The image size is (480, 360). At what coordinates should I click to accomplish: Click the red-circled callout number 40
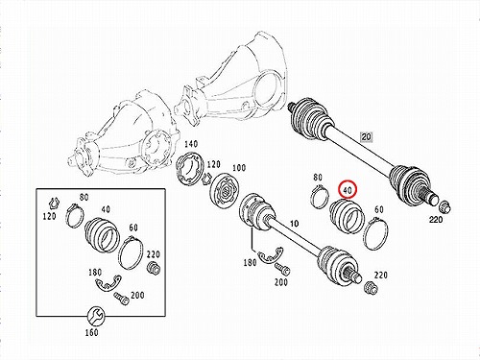tap(348, 190)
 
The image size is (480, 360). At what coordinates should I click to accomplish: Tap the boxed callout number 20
tap(366, 137)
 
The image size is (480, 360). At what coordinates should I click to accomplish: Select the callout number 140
tap(191, 144)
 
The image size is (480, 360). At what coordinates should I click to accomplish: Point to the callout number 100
tap(239, 168)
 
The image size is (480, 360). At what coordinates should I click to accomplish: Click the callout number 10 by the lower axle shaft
tap(294, 224)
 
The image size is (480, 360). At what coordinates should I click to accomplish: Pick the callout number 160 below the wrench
tap(91, 332)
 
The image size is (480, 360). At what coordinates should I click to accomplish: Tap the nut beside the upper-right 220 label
tap(444, 206)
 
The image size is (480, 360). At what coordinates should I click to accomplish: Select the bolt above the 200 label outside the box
tap(282, 270)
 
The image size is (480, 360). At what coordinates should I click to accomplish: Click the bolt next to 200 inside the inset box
tap(122, 299)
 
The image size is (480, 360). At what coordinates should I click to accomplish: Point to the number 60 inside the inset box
tap(133, 228)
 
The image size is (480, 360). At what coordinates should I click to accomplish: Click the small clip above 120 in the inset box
tap(54, 203)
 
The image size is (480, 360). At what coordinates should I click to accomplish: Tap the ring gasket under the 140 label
tap(190, 168)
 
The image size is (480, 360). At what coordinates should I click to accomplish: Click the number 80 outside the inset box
tap(318, 177)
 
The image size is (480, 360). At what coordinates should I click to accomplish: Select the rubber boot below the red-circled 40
tap(347, 217)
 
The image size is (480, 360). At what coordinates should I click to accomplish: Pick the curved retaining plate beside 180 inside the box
tap(108, 283)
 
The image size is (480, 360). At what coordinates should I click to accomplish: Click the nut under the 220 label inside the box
tap(154, 267)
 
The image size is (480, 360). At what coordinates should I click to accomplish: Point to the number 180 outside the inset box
tap(250, 262)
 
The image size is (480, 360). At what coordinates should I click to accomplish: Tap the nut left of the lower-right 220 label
tap(372, 287)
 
